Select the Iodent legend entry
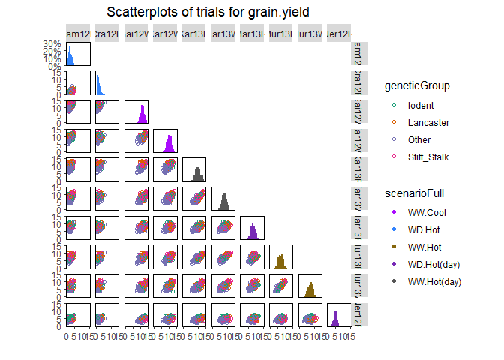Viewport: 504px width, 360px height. tap(419, 105)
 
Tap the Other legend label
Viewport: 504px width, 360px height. tap(418, 139)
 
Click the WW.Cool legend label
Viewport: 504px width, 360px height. tap(426, 212)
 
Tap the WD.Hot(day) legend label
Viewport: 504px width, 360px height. tap(433, 264)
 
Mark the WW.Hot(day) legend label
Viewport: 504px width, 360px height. tap(434, 281)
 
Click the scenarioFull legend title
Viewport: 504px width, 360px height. tap(415, 193)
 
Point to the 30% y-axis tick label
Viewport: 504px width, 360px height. tap(52, 44)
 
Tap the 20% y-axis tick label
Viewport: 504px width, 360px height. tap(52, 52)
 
